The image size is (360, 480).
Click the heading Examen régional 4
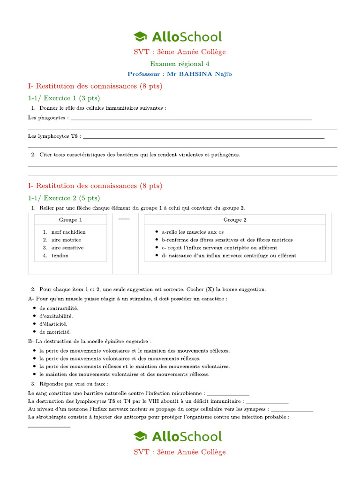point(180,64)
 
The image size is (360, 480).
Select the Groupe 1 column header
point(70,220)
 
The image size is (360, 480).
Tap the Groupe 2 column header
point(235,220)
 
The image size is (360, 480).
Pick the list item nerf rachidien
point(68,232)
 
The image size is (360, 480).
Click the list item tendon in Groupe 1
point(60,256)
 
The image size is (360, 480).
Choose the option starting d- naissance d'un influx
point(228,256)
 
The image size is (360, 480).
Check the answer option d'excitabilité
point(56,316)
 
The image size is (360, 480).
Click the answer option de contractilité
point(59,308)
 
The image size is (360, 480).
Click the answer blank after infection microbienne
point(228,394)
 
